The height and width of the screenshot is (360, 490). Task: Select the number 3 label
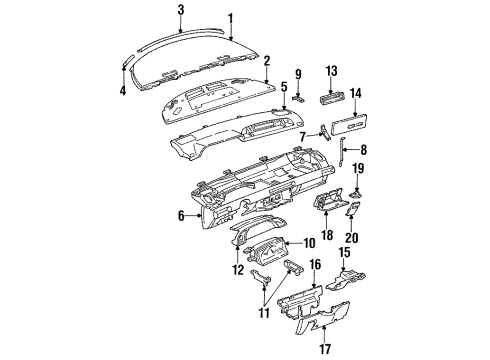click(x=180, y=10)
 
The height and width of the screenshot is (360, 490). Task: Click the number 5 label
click(x=285, y=87)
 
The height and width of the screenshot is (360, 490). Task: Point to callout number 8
click(x=363, y=152)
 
